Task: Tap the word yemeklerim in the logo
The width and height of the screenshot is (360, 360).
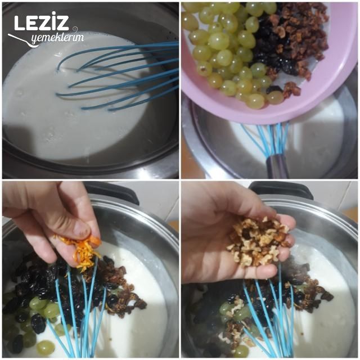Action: (x=57, y=38)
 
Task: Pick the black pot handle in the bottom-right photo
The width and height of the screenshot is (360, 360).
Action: (x=281, y=189)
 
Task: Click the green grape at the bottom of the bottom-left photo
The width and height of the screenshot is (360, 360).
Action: (x=45, y=347)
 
